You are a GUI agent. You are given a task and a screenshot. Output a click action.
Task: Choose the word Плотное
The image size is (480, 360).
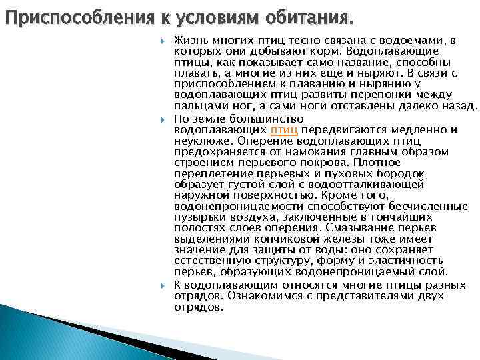(377, 162)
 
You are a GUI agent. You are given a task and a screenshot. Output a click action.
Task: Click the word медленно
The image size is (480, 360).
(415, 129)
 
